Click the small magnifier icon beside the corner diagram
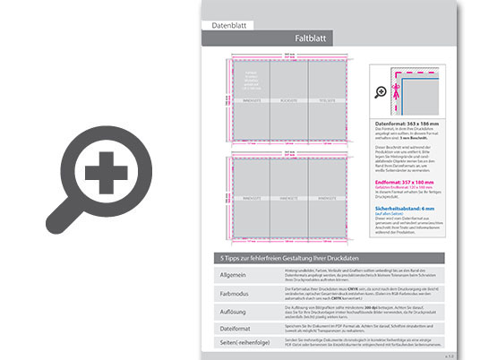click(381, 91)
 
